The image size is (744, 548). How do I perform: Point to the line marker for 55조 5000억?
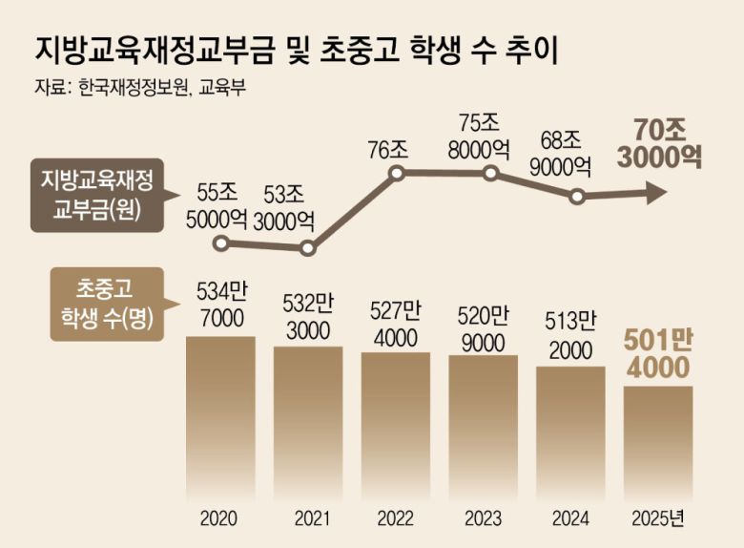coord(221,243)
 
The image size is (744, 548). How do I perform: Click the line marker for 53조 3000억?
coord(307,249)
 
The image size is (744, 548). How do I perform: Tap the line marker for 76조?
coord(398,174)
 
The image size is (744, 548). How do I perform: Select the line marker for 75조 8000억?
coord(490,174)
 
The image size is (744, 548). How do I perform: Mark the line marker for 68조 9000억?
coord(577,198)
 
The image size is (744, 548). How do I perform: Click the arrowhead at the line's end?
coord(656,195)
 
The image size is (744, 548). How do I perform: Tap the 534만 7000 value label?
coord(220,305)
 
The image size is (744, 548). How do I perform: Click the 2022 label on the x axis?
coord(396,520)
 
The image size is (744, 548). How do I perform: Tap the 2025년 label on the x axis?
coord(658,520)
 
